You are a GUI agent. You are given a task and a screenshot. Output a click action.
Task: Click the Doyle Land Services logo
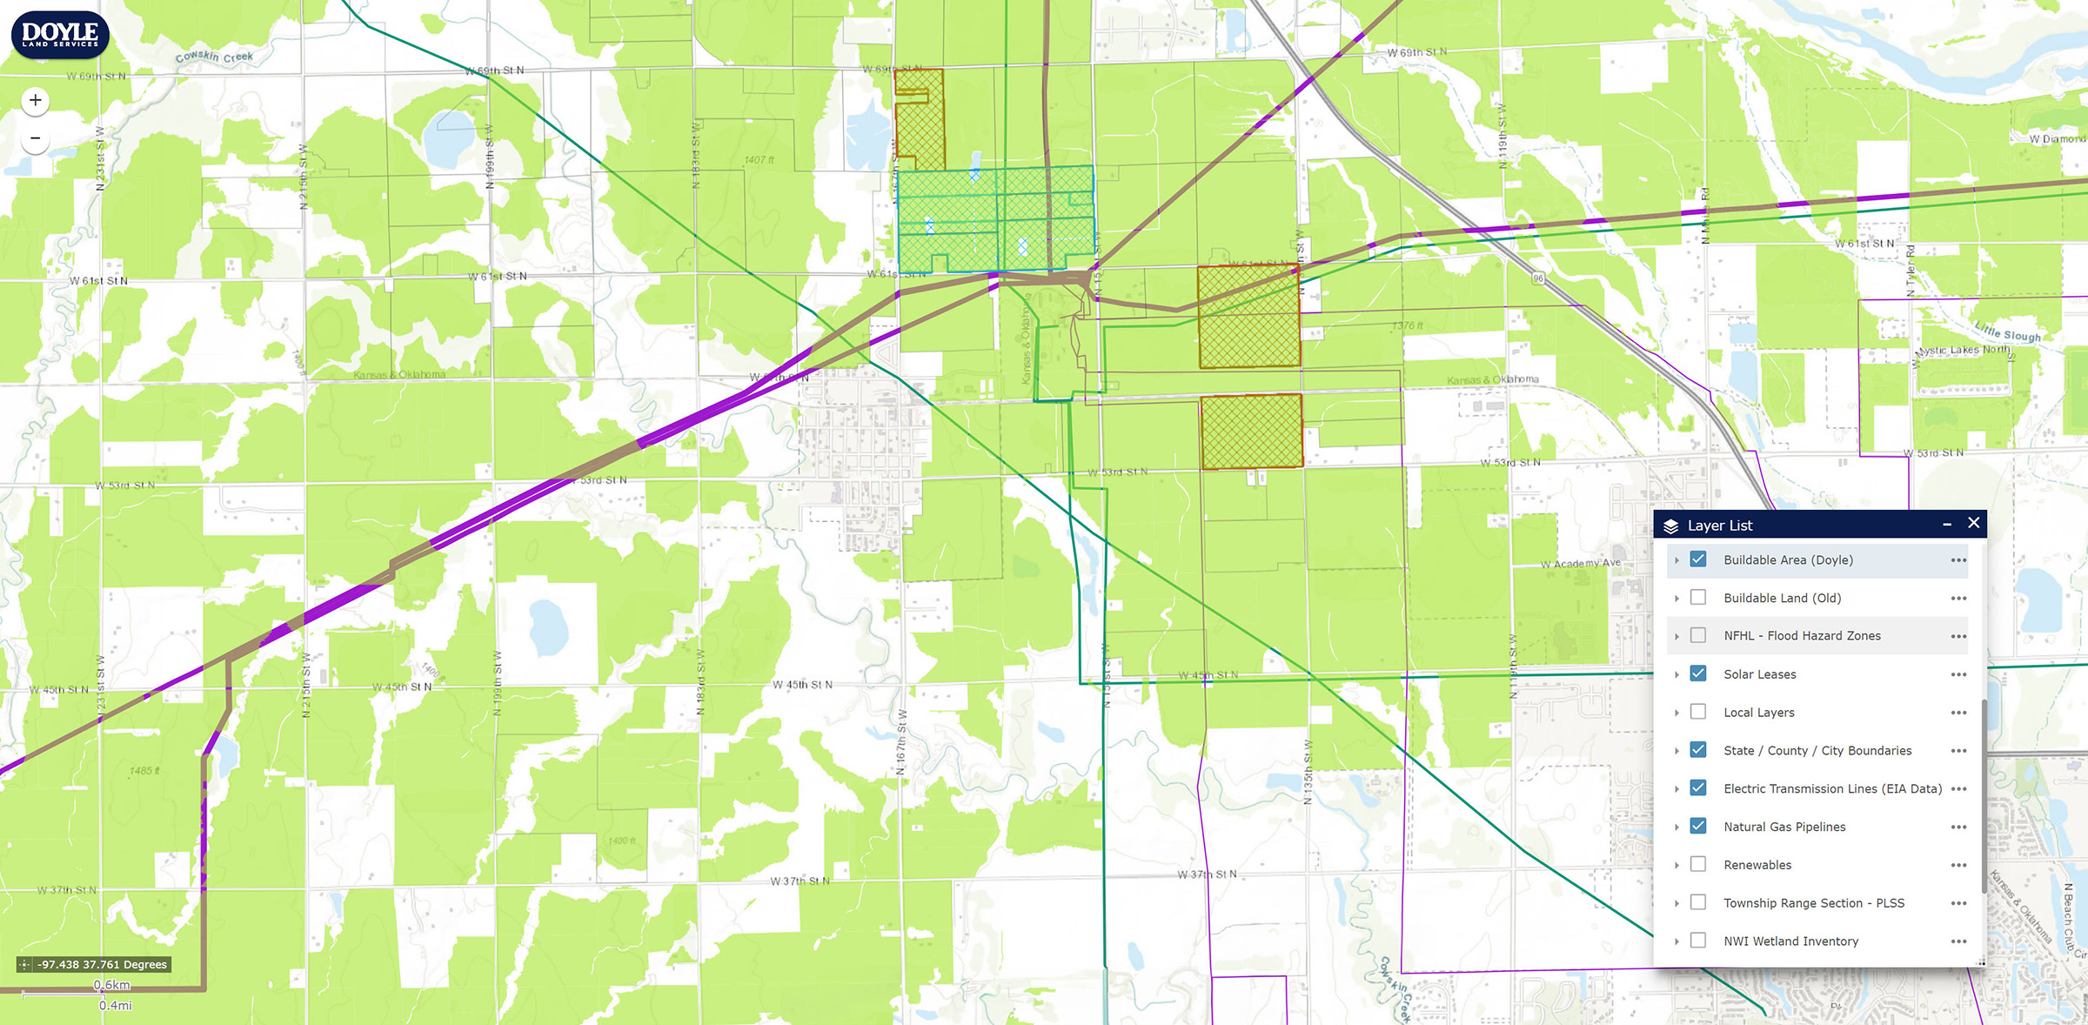[59, 35]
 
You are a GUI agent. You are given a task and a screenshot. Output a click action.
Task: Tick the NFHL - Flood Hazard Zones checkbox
[1698, 636]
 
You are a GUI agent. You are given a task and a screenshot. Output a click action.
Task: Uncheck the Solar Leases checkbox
[1698, 674]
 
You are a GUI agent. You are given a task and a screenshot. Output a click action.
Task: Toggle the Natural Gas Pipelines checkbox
[1698, 827]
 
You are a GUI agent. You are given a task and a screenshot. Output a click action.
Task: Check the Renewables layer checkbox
[1698, 865]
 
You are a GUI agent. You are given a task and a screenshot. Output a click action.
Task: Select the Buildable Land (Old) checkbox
[1698, 598]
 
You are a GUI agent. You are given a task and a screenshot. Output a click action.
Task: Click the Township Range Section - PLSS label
[1814, 903]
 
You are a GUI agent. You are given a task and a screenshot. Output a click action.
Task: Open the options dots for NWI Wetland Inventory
[1958, 941]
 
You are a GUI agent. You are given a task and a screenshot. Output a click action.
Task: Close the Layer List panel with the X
[1974, 523]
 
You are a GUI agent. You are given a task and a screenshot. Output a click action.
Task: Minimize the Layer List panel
[1947, 524]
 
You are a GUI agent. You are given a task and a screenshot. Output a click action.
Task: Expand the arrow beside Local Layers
[1676, 713]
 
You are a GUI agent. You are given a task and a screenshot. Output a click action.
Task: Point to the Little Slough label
[2007, 332]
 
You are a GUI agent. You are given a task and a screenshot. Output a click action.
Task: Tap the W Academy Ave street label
[1581, 564]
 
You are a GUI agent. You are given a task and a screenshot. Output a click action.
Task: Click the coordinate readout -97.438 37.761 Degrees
[102, 964]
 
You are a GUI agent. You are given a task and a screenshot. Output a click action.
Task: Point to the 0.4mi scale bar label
[116, 1005]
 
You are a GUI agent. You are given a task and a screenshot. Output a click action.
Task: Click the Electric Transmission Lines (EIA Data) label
[1832, 788]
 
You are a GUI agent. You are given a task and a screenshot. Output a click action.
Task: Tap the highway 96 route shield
[1538, 278]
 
